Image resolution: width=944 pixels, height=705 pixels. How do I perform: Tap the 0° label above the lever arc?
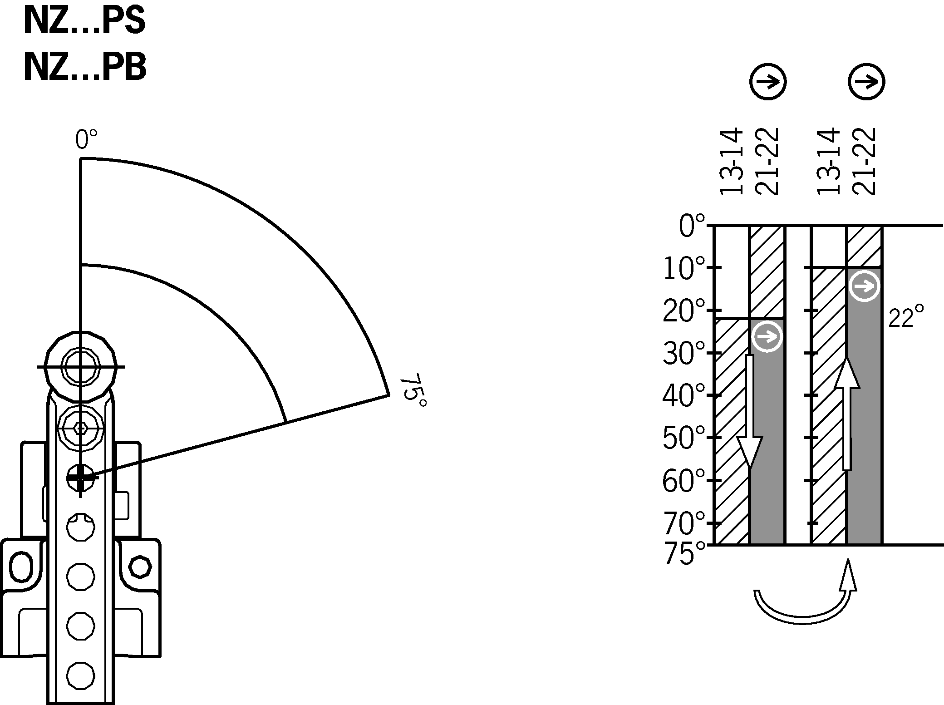coord(86,139)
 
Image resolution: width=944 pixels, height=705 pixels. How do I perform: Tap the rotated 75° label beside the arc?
coord(413,393)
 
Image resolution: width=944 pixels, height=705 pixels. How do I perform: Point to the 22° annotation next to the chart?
coord(906,317)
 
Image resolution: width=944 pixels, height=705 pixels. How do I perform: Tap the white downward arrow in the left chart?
coord(749,418)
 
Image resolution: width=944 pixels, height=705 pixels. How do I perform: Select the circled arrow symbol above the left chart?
coord(767,82)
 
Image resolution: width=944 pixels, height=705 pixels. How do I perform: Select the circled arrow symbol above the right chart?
coord(866,82)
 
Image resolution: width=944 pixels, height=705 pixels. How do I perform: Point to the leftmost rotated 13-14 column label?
coord(731,162)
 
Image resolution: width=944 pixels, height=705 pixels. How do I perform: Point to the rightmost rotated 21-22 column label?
coord(863,162)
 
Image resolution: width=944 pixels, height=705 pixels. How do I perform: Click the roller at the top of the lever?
coord(80,366)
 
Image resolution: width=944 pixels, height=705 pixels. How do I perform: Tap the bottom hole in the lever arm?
coord(80,675)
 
